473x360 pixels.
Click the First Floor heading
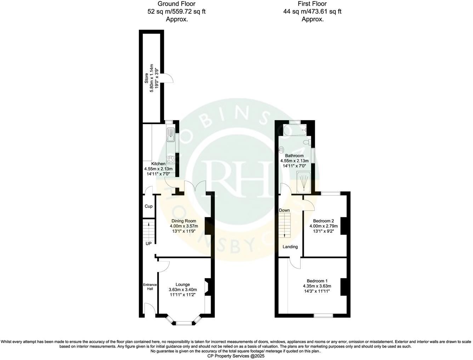313,4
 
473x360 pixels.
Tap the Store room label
146,78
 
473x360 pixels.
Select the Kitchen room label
158,164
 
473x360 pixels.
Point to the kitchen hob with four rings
171,159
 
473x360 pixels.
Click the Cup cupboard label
149,206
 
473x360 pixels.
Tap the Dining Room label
182,221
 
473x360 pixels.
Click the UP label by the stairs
148,244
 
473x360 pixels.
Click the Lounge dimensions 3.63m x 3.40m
183,289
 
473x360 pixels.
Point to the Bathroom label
295,156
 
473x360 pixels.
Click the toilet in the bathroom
307,143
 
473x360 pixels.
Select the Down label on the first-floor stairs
284,210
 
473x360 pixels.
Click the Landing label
290,247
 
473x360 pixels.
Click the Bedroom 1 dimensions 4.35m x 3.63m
317,286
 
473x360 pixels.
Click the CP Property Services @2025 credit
236,356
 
